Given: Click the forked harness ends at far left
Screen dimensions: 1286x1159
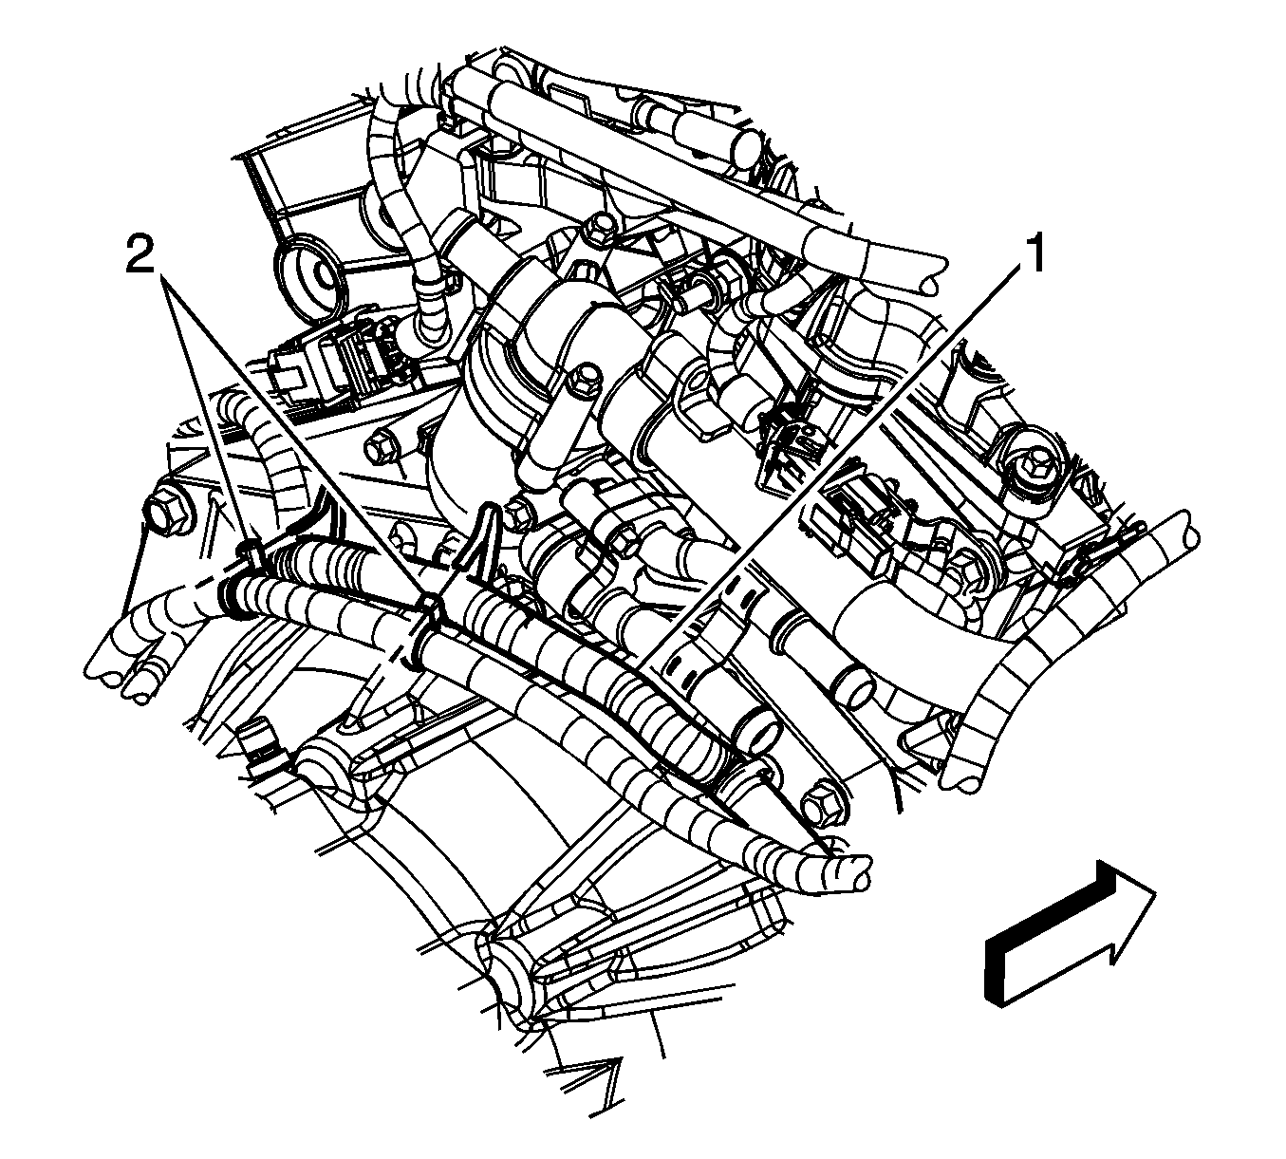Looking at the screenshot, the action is click(x=128, y=661).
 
